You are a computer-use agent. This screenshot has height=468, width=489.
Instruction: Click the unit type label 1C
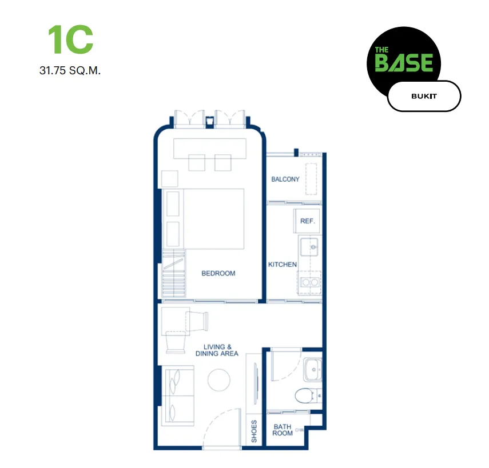[70, 39]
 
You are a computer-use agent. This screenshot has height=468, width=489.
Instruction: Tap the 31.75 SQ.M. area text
[70, 70]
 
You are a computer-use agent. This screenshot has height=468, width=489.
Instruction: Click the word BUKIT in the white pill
[424, 96]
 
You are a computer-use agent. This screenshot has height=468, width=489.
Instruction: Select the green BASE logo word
[404, 63]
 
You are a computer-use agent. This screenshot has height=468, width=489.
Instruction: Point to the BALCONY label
[285, 179]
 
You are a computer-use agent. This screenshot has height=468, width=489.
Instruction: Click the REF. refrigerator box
[307, 221]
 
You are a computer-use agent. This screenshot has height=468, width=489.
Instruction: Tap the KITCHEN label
[282, 264]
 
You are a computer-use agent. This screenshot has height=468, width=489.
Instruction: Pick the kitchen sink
[309, 247]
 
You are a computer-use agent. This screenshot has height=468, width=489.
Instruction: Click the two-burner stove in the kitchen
[310, 282]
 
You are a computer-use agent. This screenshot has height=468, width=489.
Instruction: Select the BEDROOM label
[218, 273]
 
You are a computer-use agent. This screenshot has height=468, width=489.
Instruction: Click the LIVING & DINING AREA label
[217, 350]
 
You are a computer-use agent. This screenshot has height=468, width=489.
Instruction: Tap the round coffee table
[219, 380]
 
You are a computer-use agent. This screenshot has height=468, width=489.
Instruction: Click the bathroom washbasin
[312, 370]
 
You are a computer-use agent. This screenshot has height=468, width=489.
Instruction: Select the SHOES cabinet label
[254, 431]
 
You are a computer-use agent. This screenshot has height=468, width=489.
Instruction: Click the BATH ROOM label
[283, 430]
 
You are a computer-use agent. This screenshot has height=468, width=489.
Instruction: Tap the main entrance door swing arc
[215, 419]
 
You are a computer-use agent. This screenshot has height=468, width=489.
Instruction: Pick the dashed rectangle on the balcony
[311, 179]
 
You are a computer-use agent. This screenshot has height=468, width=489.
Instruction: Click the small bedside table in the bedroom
[170, 179]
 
